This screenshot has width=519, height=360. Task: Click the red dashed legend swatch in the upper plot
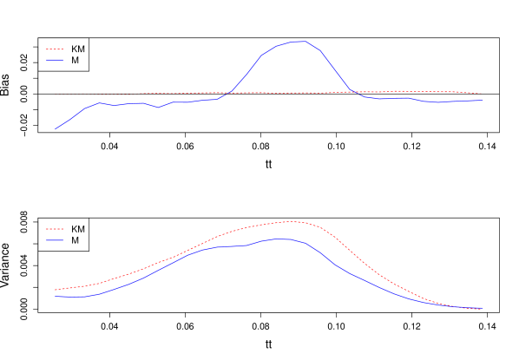pyautogui.click(x=55, y=49)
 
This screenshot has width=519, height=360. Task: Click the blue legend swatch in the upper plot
pyautogui.click(x=55, y=60)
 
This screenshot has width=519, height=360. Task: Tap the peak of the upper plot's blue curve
pyautogui.click(x=298, y=42)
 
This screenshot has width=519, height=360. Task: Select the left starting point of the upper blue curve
pyautogui.click(x=56, y=129)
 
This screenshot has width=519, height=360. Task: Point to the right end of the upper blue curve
pyautogui.click(x=483, y=101)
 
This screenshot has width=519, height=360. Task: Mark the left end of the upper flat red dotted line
pyautogui.click(x=55, y=93)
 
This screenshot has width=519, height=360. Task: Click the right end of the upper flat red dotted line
pyautogui.click(x=483, y=93)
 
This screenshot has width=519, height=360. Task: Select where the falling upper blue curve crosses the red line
pyautogui.click(x=350, y=91)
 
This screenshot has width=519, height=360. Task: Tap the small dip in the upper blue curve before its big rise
pyautogui.click(x=158, y=108)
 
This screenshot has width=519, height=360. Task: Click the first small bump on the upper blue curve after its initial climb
pyautogui.click(x=99, y=103)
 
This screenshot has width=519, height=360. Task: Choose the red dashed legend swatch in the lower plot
pyautogui.click(x=55, y=229)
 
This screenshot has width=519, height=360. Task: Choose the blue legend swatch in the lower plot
pyautogui.click(x=55, y=239)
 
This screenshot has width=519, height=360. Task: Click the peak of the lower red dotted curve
pyautogui.click(x=292, y=221)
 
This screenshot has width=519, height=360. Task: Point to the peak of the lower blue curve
pyautogui.click(x=278, y=239)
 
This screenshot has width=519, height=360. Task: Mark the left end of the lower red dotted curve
pyautogui.click(x=55, y=290)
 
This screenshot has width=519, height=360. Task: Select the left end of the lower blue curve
pyautogui.click(x=55, y=297)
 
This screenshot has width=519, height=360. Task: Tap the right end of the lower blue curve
pyautogui.click(x=483, y=307)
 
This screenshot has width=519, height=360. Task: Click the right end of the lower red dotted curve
pyautogui.click(x=483, y=309)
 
